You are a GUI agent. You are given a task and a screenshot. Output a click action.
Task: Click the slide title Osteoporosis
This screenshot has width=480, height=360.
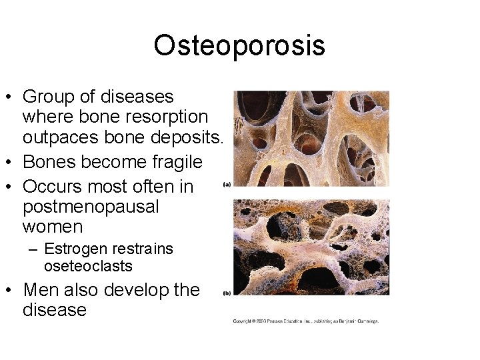pos(239,45)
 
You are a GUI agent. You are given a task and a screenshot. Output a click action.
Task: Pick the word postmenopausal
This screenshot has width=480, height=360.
pos(91,207)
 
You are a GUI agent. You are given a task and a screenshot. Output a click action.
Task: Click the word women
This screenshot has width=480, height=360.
pos(53,227)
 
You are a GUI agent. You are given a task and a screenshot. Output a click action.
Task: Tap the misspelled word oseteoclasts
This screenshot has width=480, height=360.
pos(88,266)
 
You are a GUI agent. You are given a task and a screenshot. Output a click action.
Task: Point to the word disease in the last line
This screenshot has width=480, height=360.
pos(54,310)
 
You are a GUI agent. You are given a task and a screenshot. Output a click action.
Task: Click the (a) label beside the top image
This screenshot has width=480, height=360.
pos(227,185)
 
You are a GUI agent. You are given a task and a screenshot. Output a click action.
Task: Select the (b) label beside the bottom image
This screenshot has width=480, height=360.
pos(227,293)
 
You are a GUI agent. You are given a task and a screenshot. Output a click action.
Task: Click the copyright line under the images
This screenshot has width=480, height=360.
pos(305,321)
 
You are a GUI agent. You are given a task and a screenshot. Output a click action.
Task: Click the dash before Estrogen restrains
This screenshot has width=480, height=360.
pos(33,250)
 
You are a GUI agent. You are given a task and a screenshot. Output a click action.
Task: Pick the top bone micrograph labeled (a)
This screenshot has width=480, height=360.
pos(311,139)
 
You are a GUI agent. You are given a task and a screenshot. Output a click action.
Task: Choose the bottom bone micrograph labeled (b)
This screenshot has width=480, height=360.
pos(311,247)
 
